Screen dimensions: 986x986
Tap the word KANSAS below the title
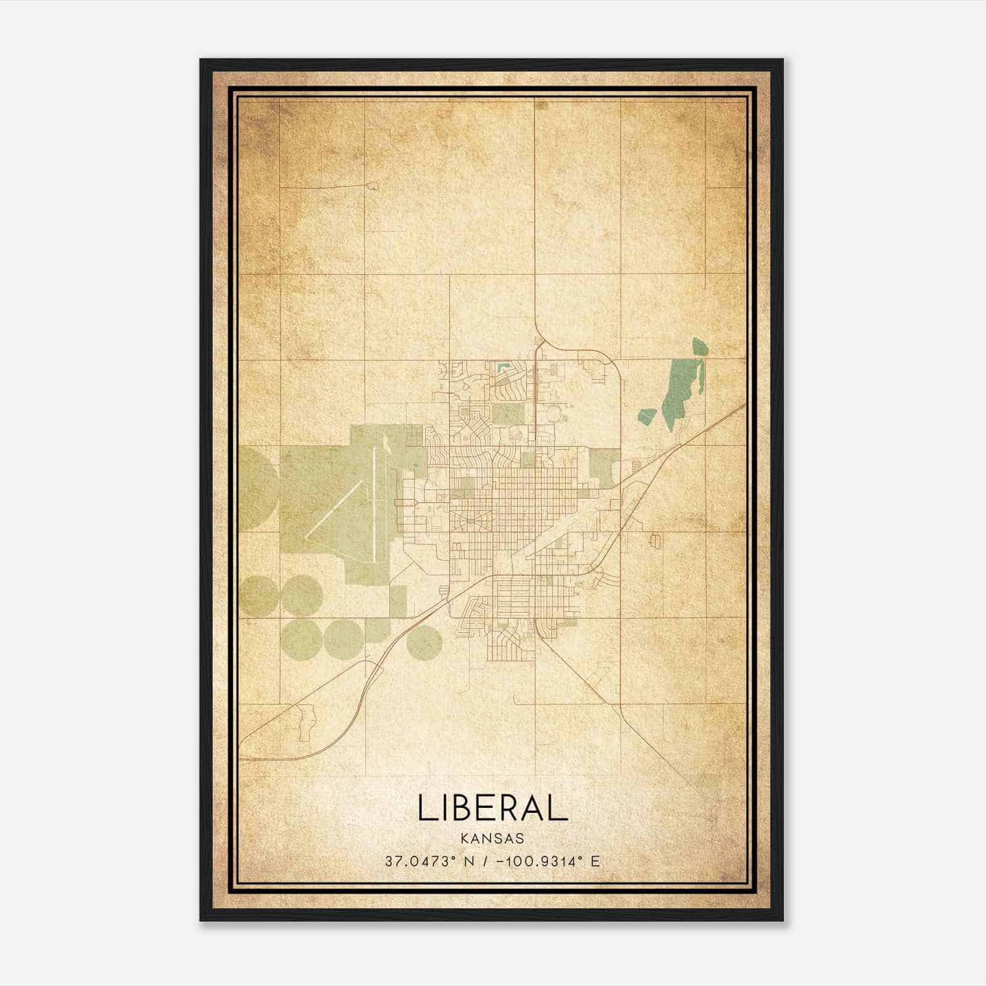492,839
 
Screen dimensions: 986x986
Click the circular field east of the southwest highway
424,642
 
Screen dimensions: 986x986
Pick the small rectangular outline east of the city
654,540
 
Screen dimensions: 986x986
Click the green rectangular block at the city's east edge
604,465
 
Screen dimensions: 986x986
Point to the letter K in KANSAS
463,839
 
